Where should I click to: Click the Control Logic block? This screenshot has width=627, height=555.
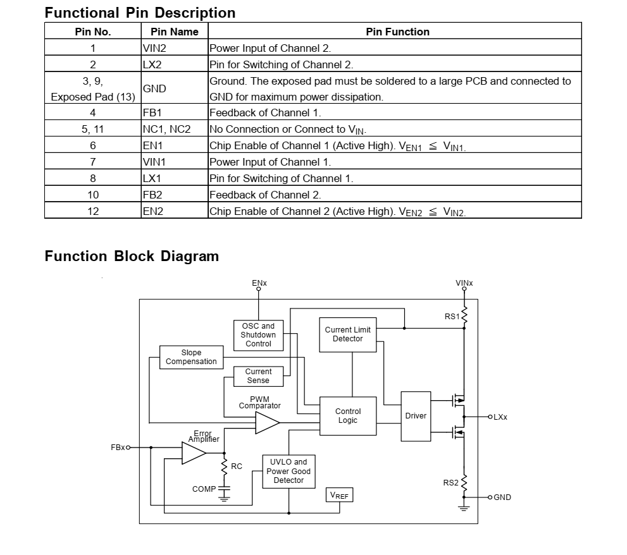(347, 416)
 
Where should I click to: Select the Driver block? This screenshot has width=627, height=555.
(416, 416)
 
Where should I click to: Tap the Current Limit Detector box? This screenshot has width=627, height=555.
(347, 334)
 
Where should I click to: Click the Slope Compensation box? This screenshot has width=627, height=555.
(191, 357)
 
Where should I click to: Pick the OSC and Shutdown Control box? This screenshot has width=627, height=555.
(258, 335)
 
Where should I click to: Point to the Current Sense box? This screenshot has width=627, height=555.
(258, 376)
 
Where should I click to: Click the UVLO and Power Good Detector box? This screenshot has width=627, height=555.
(289, 472)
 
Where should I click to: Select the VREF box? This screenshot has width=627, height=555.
(339, 496)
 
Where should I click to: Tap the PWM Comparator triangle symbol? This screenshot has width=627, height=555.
(266, 423)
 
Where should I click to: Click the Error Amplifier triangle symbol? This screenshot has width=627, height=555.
(193, 453)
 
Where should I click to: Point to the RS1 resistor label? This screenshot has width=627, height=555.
(452, 317)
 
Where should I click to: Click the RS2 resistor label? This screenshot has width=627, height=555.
(450, 483)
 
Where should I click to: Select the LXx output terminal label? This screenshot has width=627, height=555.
(500, 417)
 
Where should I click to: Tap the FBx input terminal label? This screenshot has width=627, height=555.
(118, 448)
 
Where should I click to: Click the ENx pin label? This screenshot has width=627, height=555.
(259, 283)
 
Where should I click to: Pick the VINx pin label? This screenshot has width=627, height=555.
(464, 283)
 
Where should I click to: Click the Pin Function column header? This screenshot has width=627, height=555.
(397, 32)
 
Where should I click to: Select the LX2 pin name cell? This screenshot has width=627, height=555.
(152, 64)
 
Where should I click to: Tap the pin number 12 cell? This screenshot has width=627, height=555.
(93, 211)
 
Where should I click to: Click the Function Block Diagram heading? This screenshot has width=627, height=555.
(132, 256)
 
